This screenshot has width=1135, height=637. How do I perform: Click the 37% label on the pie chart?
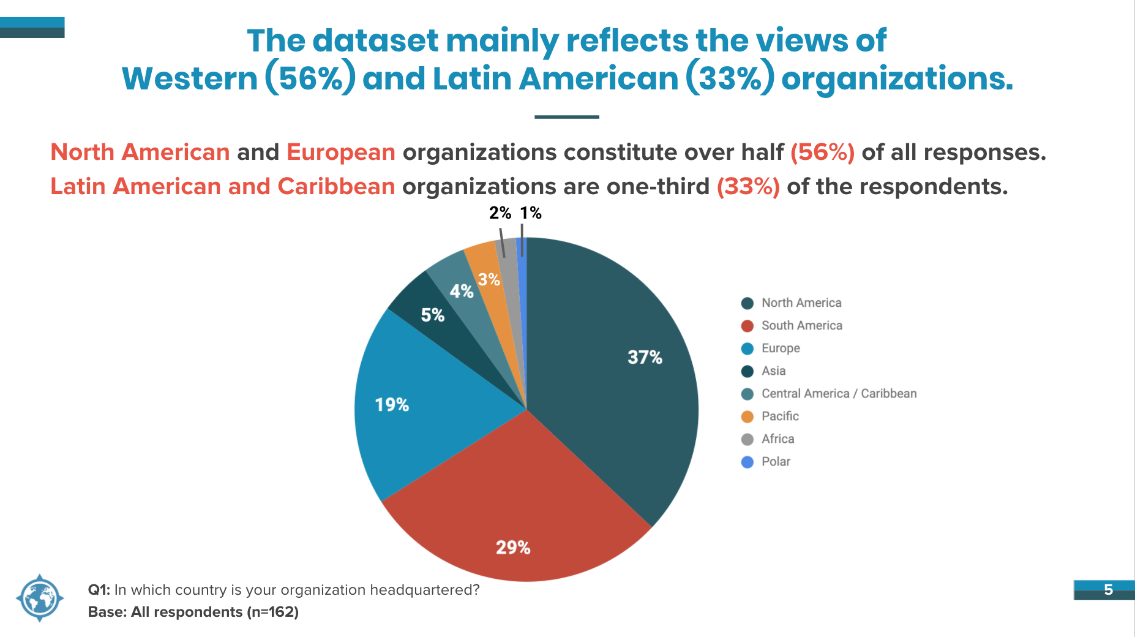tap(645, 357)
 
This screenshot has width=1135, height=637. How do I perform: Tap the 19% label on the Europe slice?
tap(392, 405)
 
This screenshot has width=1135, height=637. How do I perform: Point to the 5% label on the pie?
tap(432, 315)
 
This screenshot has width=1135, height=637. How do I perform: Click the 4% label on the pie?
tap(462, 291)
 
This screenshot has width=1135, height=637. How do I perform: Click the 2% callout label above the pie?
tap(500, 213)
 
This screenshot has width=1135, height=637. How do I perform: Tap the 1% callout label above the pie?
tap(531, 213)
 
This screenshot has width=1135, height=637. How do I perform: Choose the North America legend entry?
tap(791, 303)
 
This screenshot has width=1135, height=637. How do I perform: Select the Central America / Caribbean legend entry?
tap(829, 393)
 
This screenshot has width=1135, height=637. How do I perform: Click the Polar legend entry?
tap(766, 461)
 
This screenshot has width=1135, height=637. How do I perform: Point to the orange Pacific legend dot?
tap(747, 417)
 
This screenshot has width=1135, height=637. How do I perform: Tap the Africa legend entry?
tap(768, 439)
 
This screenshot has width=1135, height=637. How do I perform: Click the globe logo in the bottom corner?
tap(40, 598)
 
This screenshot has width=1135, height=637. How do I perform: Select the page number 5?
tap(1108, 589)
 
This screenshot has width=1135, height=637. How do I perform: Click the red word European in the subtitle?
tap(341, 153)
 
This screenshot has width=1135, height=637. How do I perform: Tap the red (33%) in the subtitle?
tap(748, 186)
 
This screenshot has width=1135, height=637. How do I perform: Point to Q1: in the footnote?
tap(99, 590)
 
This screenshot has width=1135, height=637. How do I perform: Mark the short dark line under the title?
tap(567, 116)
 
